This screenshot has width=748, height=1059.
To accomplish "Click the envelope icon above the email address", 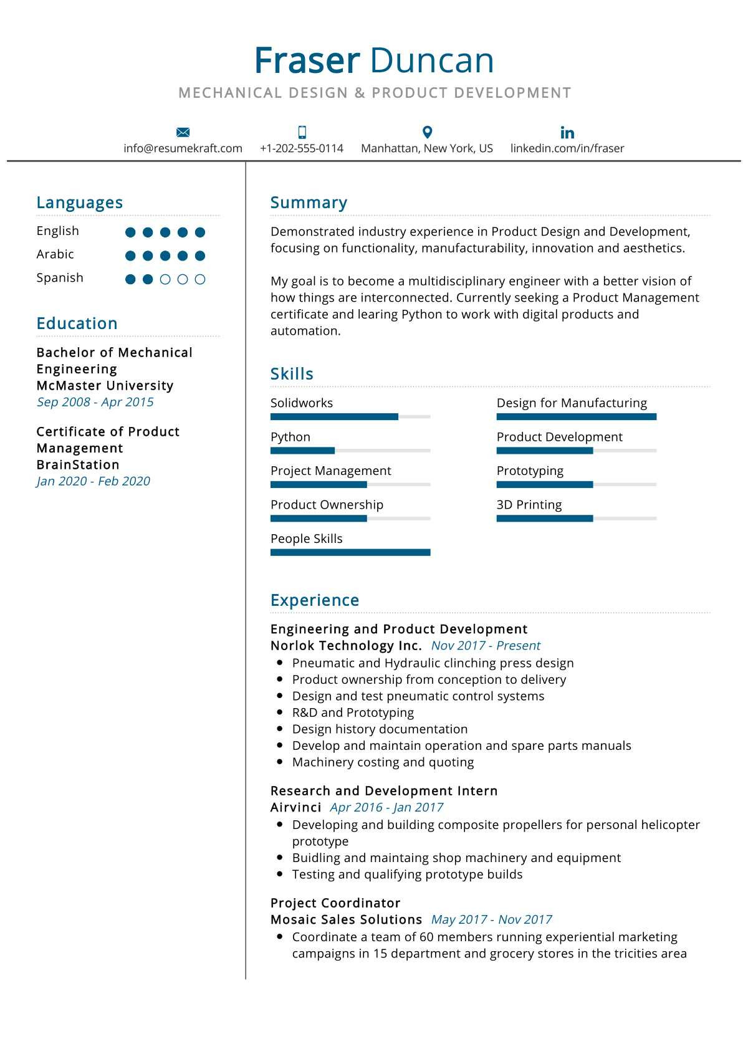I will click(x=183, y=132).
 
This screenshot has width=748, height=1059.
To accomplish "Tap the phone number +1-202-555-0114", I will click(x=302, y=148).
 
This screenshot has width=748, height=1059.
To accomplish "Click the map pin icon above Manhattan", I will click(x=427, y=132).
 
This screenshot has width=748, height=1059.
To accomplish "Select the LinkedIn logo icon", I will click(x=567, y=132).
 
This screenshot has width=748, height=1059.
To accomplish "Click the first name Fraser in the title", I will click(x=307, y=61).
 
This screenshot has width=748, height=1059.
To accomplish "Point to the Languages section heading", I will click(x=80, y=203).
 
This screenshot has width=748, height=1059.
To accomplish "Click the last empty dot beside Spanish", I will click(x=200, y=279).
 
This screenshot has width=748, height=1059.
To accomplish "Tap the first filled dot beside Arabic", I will click(x=130, y=256).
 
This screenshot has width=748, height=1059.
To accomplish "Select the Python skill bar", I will click(x=350, y=450).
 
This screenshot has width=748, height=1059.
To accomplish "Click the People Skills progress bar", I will click(x=350, y=552).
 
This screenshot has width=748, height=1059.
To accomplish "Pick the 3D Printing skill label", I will click(x=529, y=505).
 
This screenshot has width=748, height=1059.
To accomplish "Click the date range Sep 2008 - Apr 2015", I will click(x=95, y=402).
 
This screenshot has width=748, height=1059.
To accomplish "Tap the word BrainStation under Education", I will click(x=78, y=465).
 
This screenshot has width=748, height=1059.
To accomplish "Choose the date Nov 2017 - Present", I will click(x=486, y=646).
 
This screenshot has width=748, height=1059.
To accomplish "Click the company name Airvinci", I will click(x=295, y=807).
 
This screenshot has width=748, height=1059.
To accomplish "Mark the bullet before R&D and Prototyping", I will click(x=279, y=712).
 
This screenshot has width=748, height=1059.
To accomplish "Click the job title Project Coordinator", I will click(x=335, y=903).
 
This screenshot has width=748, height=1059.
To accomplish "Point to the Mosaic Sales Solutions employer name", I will click(x=346, y=919).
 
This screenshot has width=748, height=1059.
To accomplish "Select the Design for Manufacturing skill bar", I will click(x=576, y=416).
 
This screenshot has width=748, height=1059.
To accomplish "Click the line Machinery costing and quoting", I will click(x=383, y=762).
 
